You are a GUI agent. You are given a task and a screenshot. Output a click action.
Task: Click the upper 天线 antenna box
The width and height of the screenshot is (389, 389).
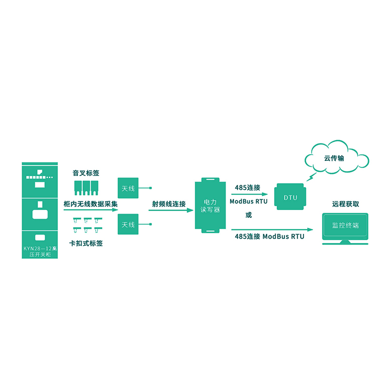[128, 188]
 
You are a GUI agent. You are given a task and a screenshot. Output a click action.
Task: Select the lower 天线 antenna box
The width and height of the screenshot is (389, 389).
[128, 224]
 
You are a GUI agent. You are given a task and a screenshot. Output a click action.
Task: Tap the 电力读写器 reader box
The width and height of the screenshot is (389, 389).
[211, 206]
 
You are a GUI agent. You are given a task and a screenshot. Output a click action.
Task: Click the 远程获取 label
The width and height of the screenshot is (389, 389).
[346, 204]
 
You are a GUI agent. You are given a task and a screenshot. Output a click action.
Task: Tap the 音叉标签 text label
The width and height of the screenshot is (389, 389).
[86, 173]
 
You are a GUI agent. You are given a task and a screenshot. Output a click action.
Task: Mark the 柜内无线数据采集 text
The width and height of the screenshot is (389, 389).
[91, 204]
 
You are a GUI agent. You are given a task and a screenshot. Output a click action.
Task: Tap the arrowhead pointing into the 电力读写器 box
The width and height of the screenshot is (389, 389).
[190, 211]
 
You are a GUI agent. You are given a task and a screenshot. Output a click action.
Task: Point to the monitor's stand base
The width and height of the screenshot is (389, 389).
[346, 242]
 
